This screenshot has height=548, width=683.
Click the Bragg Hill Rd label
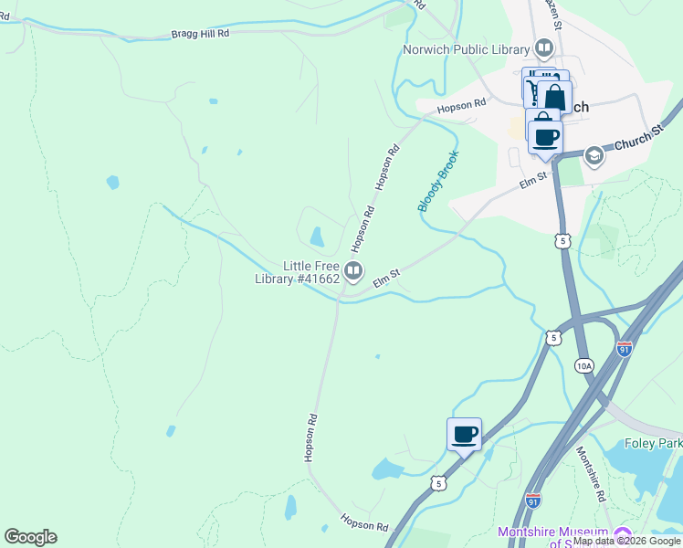click(200, 34)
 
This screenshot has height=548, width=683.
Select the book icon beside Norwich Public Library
click(544, 47)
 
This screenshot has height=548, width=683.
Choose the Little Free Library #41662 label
click(297, 272)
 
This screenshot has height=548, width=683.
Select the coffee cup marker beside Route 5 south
click(464, 434)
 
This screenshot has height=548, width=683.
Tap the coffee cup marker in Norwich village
click(545, 137)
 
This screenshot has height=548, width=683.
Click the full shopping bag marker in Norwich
click(554, 97)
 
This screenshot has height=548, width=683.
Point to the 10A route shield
click(584, 365)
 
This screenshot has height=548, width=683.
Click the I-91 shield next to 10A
click(625, 349)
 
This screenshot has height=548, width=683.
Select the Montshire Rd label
click(589, 475)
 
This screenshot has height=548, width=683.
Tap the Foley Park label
click(653, 444)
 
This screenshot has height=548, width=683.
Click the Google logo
click(30, 537)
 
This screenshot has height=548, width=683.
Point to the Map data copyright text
click(627, 542)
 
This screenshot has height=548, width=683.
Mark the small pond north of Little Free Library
click(317, 237)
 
